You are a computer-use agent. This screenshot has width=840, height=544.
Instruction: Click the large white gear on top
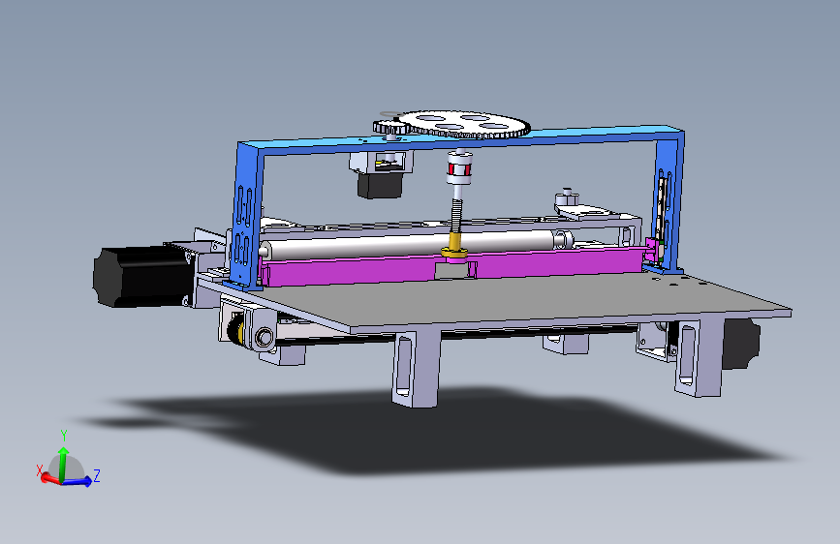pyautogui.click(x=465, y=124)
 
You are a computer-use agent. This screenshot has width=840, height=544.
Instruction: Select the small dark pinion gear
pyautogui.click(x=391, y=128)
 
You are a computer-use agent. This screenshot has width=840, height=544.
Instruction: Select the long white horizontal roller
pyautogui.click(x=413, y=244)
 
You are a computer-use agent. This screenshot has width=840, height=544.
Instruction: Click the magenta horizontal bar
pyautogui.click(x=455, y=266)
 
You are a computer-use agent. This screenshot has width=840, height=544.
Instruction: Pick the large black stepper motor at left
pyautogui.click(x=142, y=276)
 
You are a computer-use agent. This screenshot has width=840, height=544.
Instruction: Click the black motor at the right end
pyautogui.click(x=741, y=344)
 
